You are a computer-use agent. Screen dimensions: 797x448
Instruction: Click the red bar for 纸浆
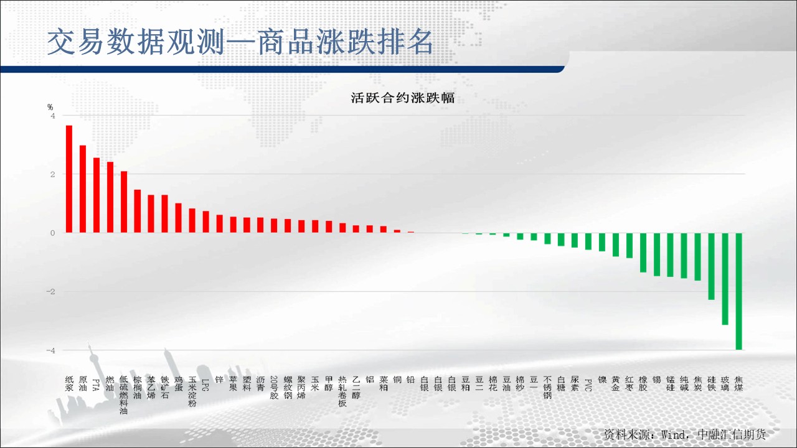[x=69, y=179]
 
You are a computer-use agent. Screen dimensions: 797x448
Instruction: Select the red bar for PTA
[x=97, y=195]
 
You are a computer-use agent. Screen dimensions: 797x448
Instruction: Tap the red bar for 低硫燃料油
[x=124, y=202]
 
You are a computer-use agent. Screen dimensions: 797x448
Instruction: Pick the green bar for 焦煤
[x=738, y=291]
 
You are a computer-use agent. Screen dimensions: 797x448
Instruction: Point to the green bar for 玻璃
[x=725, y=279]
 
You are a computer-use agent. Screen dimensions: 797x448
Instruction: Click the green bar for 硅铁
[x=711, y=266]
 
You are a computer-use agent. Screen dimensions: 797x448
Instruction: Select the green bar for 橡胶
[x=643, y=253]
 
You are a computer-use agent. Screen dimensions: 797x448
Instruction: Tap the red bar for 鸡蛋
[x=179, y=218]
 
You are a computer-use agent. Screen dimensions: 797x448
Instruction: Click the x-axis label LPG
[x=205, y=385]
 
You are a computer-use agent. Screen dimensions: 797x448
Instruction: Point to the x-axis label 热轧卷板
[x=342, y=391]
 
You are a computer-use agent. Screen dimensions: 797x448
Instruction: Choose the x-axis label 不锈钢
[x=547, y=388]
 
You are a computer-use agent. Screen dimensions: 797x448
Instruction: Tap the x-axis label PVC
[x=588, y=385]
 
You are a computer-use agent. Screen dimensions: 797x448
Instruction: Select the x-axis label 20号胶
[x=274, y=388]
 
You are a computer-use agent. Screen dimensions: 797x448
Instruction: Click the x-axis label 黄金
[x=616, y=384]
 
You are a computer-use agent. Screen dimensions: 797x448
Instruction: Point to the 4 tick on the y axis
[x=53, y=116]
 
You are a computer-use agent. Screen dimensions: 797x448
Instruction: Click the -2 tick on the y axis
[x=50, y=292]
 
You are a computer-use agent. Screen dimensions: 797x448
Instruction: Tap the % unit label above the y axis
[x=50, y=107]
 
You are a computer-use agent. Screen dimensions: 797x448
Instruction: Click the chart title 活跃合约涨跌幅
[x=402, y=98]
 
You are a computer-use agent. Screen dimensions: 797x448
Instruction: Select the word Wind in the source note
[x=673, y=434]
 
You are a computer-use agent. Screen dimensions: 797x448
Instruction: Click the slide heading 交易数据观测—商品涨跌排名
[x=240, y=42]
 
